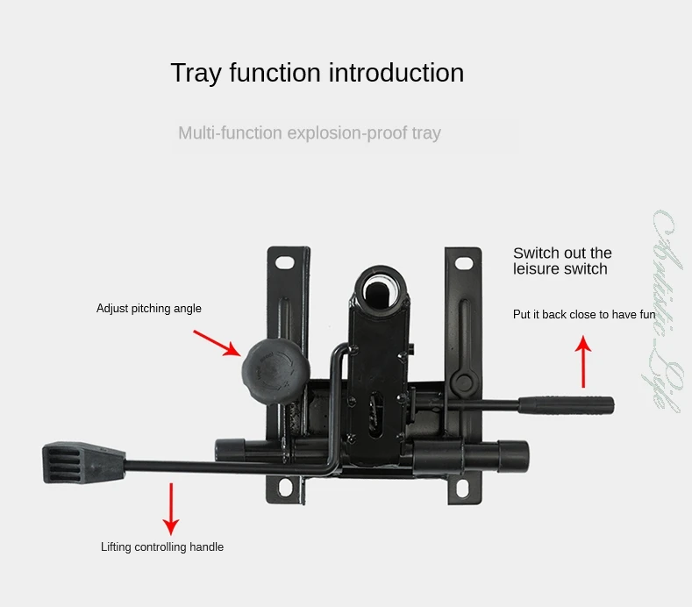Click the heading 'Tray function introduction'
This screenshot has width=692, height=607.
317,73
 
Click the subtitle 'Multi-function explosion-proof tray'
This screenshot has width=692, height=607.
310,133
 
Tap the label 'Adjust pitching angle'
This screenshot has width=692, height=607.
149,309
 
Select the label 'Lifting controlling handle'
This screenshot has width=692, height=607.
162,547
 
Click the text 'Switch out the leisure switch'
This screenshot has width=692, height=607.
562,261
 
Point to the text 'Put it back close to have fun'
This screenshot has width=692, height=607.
584,314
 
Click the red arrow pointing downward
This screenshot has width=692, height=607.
171,508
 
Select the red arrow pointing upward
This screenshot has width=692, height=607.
583,363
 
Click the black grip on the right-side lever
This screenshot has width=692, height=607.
565,404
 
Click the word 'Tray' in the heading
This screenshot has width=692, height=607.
196,73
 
